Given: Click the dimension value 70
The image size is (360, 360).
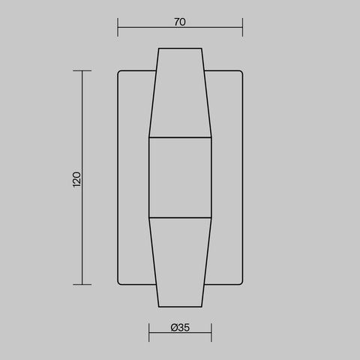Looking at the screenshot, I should coord(180,22).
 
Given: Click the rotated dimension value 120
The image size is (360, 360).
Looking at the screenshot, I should coord(76,179).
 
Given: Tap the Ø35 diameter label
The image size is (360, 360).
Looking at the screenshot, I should coord(180,327).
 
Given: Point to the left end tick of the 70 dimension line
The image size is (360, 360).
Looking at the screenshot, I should coord(118,30).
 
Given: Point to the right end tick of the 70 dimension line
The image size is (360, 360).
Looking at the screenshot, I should coord(242,30).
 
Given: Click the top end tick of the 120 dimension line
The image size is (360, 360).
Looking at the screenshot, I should coord(82,70).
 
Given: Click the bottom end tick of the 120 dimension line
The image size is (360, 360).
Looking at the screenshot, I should coord(82,284).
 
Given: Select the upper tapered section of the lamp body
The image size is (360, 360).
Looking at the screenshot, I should coord(180,94).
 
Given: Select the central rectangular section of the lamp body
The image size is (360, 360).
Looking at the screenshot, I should coord(180,178).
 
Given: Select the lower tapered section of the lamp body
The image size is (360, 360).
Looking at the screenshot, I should coord(180,262).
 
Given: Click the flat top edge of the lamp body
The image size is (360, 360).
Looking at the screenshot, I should coord(180,49).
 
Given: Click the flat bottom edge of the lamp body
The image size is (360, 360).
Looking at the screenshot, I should coord(180,307).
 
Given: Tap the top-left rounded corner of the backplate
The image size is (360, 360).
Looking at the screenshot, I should coord(120,73).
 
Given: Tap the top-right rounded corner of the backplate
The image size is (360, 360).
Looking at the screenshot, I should coord(240,73).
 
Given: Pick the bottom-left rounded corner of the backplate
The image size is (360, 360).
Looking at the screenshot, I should coord(120,282).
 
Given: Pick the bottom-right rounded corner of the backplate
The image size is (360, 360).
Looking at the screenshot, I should coord(240,282).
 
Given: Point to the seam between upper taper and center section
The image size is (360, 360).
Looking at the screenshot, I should coord(180,138).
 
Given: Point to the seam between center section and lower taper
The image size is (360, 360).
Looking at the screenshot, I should coord(180,217).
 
